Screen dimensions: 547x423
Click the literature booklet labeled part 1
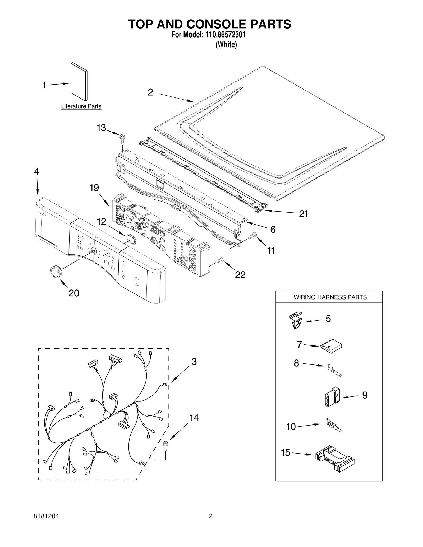[79, 82]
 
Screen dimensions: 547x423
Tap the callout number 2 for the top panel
[150, 92]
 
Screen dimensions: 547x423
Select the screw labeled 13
[122, 137]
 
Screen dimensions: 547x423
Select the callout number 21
[303, 214]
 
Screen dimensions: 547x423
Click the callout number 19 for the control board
[94, 188]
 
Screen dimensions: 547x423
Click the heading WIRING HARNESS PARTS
[330, 297]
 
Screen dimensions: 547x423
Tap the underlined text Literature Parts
[81, 106]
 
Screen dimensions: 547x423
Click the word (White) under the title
[226, 45]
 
